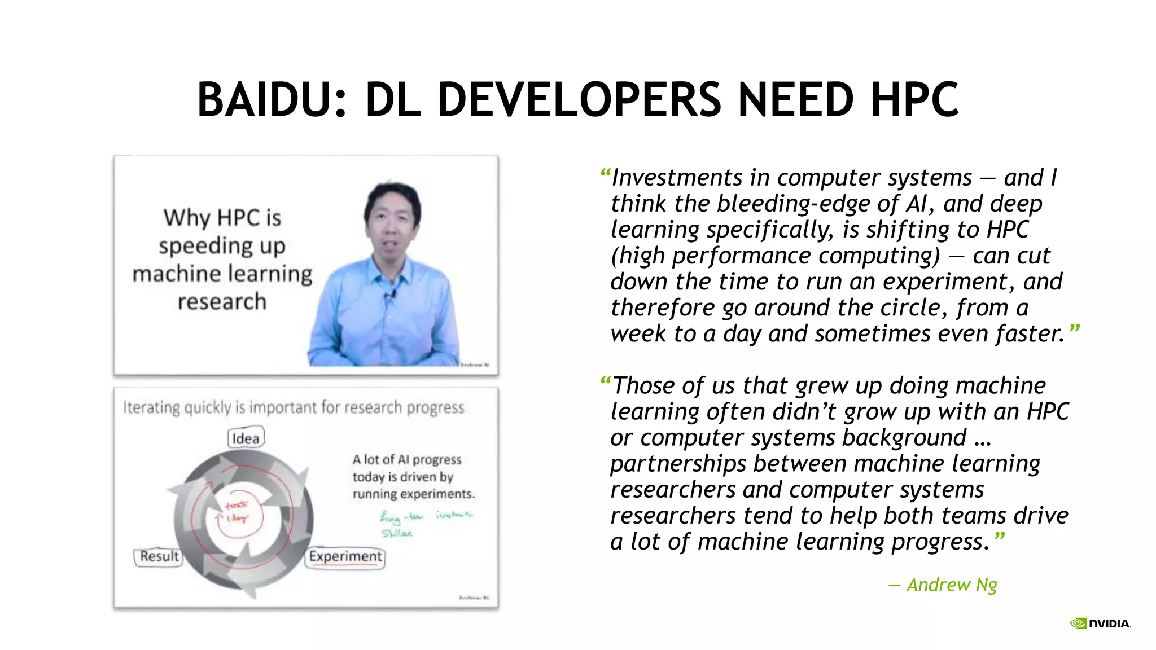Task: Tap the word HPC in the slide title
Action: (x=914, y=100)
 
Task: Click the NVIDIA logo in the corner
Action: (x=1100, y=623)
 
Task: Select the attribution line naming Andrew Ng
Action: (x=943, y=585)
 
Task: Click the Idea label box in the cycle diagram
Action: (x=246, y=438)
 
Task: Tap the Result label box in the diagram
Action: (x=159, y=556)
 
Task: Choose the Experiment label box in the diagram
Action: (x=345, y=557)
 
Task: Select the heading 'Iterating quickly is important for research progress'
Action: (x=294, y=407)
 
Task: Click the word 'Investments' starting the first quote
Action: (x=677, y=178)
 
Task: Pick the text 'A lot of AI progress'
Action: (x=407, y=460)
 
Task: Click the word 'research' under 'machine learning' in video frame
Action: (x=222, y=302)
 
